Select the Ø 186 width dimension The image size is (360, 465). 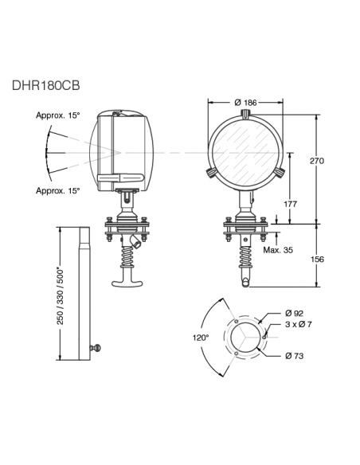246,104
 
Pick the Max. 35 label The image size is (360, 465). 277,250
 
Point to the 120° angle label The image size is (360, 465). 201,338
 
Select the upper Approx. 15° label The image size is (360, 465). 58,115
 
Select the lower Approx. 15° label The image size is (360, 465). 58,191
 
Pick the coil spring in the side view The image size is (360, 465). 127,255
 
